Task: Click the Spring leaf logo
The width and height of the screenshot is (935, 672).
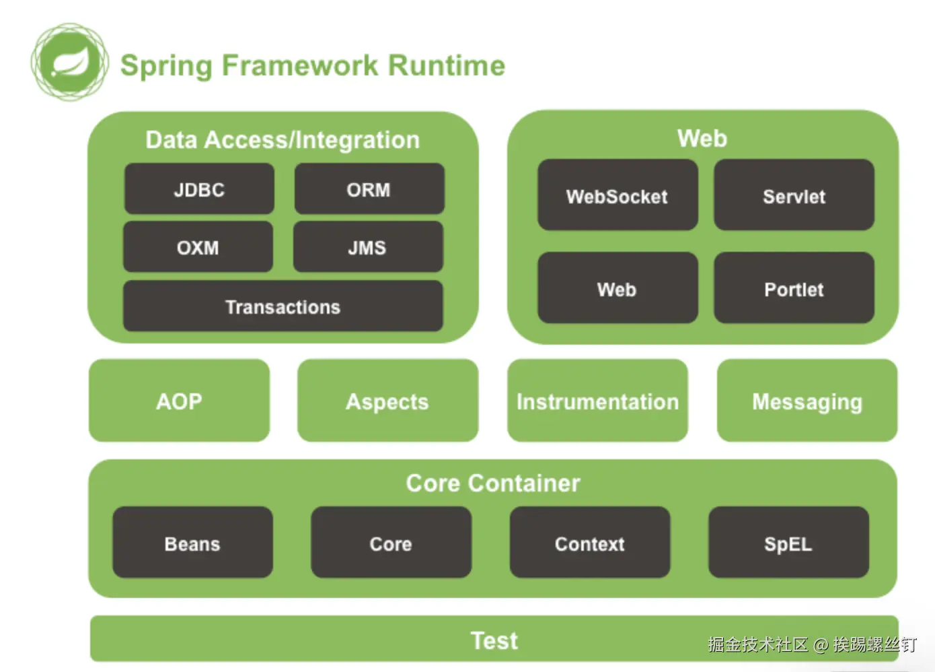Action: [69, 63]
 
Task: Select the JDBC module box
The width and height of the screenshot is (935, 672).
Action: [199, 189]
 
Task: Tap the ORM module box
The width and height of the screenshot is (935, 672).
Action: [369, 189]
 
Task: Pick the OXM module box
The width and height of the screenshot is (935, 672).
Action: [198, 247]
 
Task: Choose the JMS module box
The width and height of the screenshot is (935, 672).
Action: [367, 247]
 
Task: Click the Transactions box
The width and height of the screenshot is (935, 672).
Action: [283, 306]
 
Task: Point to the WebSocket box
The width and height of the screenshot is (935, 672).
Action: [617, 195]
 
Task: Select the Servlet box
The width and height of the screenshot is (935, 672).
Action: [794, 195]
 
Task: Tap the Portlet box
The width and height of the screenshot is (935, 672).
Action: [794, 288]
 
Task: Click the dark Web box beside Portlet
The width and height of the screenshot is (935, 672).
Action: [617, 288]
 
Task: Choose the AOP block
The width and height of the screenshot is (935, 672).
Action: [179, 401]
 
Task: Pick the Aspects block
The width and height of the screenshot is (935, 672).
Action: [387, 401]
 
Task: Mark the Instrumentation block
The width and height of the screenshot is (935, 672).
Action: [597, 401]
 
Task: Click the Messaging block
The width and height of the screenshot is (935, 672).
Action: [807, 401]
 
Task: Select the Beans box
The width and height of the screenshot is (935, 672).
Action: [192, 543]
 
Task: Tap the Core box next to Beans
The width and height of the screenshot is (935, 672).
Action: [391, 543]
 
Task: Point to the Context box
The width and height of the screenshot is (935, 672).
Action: [589, 543]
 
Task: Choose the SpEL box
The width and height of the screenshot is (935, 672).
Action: [788, 543]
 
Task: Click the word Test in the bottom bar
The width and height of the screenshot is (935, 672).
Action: [494, 640]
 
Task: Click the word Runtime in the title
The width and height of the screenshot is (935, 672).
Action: [447, 65]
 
